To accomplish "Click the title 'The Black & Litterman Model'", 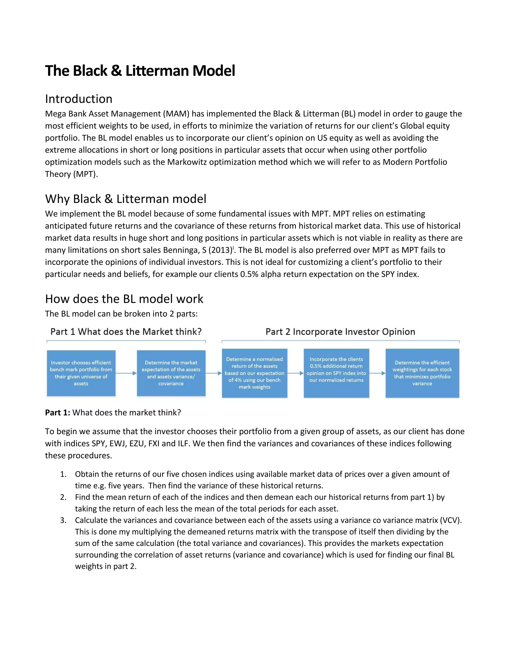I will pyautogui.click(x=140, y=71).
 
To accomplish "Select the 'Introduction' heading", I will pyautogui.click(x=78, y=99).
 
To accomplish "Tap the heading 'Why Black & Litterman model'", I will pyautogui.click(x=126, y=199).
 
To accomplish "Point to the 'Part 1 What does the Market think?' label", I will pyautogui.click(x=126, y=332).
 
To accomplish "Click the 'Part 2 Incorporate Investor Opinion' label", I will pyautogui.click(x=340, y=332).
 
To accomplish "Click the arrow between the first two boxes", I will pyautogui.click(x=126, y=373).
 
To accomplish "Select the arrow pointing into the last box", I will pyautogui.click(x=377, y=373).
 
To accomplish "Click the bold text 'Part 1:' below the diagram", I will pyautogui.click(x=58, y=412).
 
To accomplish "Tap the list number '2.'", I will pyautogui.click(x=63, y=497).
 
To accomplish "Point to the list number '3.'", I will pyautogui.click(x=63, y=520).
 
